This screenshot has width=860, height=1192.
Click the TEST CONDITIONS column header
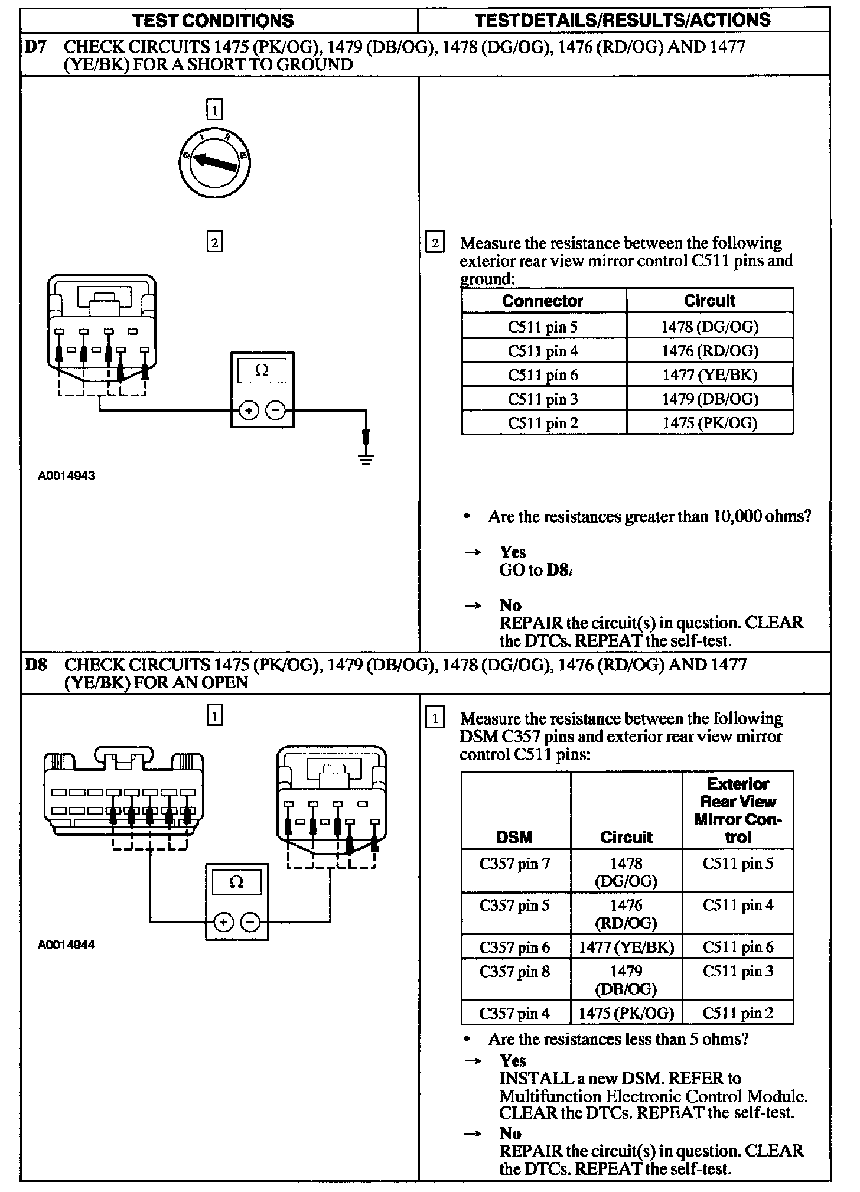[213, 21]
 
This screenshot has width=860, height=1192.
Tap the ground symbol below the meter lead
[366, 459]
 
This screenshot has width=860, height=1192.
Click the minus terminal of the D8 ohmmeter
[250, 922]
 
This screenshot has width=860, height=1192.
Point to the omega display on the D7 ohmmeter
[262, 371]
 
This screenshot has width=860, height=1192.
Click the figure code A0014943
[67, 475]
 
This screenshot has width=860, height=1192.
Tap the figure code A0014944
[66, 945]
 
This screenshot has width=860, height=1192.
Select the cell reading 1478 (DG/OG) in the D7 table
[709, 326]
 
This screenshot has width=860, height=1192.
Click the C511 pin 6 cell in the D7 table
[543, 375]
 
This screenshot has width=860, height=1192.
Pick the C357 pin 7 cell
[514, 864]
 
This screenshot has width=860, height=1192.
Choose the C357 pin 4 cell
[514, 1014]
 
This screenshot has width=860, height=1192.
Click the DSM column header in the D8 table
[514, 837]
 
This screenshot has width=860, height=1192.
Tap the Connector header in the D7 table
[542, 301]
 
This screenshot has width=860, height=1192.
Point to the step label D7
[35, 47]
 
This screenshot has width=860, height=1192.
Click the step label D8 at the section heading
[35, 665]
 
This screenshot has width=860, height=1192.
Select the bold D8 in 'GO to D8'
[558, 570]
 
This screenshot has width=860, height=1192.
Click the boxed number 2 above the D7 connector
[214, 242]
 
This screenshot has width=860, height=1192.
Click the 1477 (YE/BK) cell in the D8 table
[626, 947]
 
